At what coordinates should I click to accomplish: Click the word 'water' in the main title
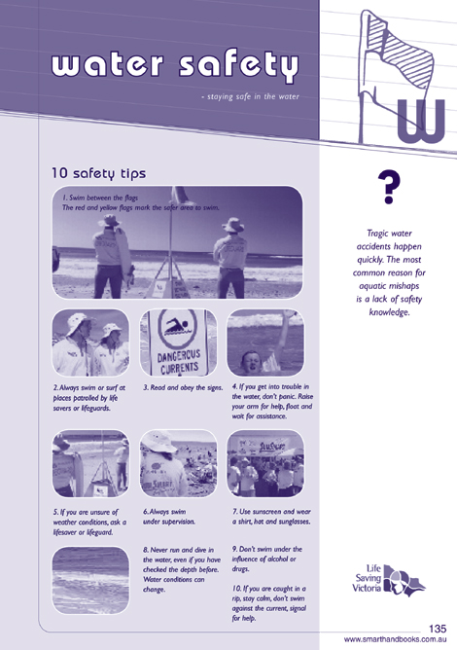107,64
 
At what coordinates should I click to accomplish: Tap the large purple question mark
389,187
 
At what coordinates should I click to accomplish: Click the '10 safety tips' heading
98,173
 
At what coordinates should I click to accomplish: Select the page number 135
438,629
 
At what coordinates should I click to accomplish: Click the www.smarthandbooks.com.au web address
395,639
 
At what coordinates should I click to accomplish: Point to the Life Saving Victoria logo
389,580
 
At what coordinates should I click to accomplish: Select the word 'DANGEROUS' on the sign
179,355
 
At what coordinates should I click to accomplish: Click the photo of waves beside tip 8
90,580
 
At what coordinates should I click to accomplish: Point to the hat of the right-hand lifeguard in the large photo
233,225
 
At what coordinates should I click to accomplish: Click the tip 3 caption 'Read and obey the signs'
183,387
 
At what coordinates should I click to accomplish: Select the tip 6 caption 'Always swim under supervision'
169,517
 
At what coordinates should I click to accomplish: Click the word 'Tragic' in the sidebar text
377,234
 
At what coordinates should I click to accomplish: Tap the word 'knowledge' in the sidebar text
389,312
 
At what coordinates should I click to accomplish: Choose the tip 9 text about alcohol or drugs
267,559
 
